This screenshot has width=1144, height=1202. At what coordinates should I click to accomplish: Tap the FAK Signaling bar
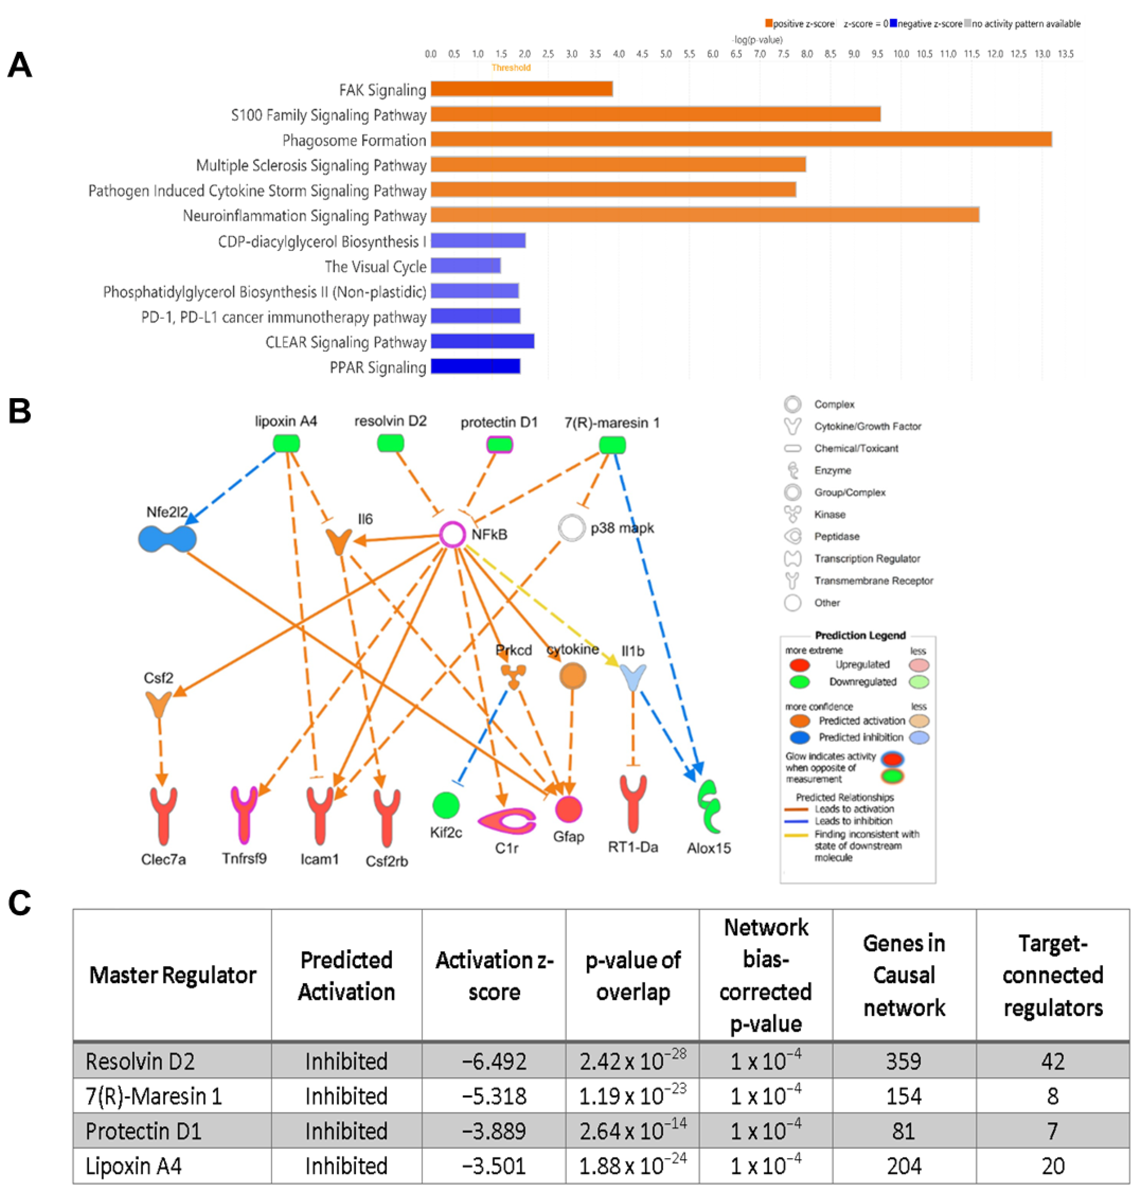click(x=521, y=89)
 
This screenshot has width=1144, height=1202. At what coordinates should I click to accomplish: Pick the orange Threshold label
click(x=511, y=68)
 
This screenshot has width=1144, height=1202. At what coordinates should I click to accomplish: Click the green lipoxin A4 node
click(x=286, y=443)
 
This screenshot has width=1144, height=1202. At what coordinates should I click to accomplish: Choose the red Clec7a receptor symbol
click(x=163, y=815)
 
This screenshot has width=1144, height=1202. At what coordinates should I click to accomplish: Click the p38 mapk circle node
click(x=571, y=528)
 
